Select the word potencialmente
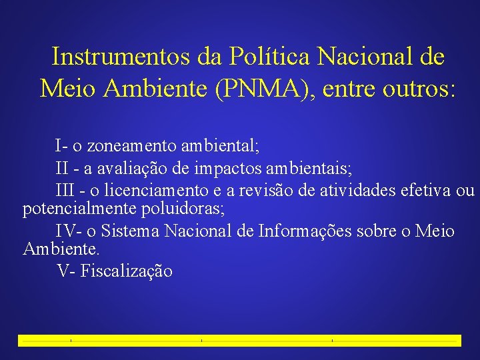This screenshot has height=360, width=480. tap(80, 209)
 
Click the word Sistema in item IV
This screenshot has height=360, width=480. tap(131, 231)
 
